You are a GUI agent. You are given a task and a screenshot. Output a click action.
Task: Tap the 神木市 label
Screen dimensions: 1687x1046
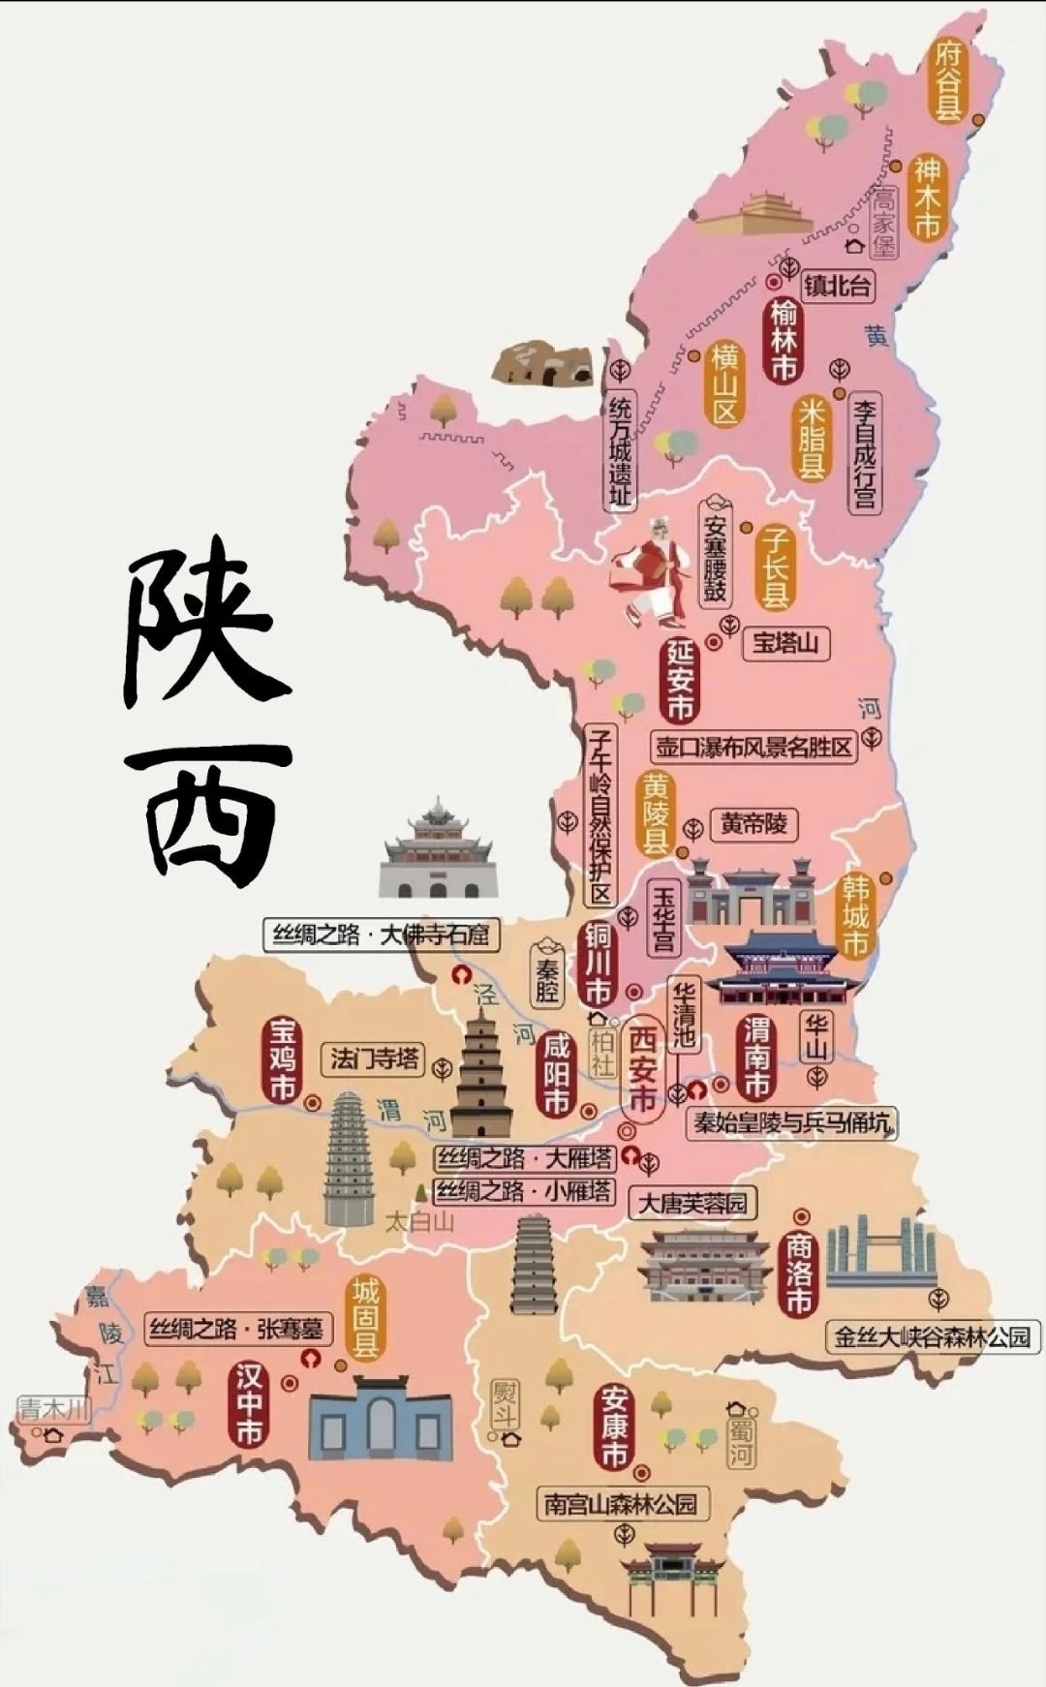click(x=927, y=198)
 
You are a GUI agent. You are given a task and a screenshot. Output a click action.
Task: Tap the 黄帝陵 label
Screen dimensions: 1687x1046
click(x=754, y=824)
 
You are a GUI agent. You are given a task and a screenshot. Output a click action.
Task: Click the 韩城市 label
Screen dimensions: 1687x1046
click(x=855, y=915)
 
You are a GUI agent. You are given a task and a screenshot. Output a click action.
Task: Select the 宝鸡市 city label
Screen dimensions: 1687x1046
click(x=282, y=1059)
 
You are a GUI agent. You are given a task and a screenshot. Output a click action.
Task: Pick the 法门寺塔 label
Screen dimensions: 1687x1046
click(x=374, y=1058)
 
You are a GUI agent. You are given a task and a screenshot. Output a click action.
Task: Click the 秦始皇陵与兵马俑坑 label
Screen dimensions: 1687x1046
click(x=791, y=1123)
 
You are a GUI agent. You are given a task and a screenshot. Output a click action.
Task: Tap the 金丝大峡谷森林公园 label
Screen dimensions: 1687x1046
click(x=932, y=1336)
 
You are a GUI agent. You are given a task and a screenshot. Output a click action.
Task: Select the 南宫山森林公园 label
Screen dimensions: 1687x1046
click(x=620, y=1504)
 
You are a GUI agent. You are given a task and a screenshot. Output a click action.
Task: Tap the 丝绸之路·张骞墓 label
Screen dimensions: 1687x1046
click(x=237, y=1328)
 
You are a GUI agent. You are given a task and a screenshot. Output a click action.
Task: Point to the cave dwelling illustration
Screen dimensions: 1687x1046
click(x=540, y=363)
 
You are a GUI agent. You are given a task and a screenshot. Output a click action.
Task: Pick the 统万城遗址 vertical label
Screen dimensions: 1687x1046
click(x=620, y=451)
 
